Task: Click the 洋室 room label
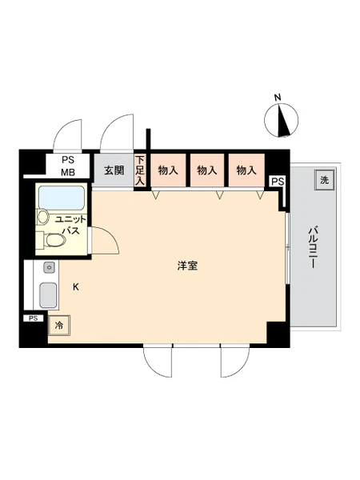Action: point(187,266)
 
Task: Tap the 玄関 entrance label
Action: point(114,170)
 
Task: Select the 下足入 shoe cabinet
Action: point(139,170)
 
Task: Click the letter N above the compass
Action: point(278,98)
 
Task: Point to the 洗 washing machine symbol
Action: point(324,180)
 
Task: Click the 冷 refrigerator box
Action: point(59,326)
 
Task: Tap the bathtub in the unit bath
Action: point(62,198)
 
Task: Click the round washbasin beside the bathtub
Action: point(43,217)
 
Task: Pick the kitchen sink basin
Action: point(48,295)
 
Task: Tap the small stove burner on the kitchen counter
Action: point(49,267)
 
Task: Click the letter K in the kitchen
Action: point(76,287)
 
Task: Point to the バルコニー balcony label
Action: point(312,248)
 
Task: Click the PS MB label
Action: point(68,166)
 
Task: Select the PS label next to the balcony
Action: point(278,182)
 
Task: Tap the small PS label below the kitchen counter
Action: point(33,318)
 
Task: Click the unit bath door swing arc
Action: point(111,235)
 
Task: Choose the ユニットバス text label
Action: point(70,225)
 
